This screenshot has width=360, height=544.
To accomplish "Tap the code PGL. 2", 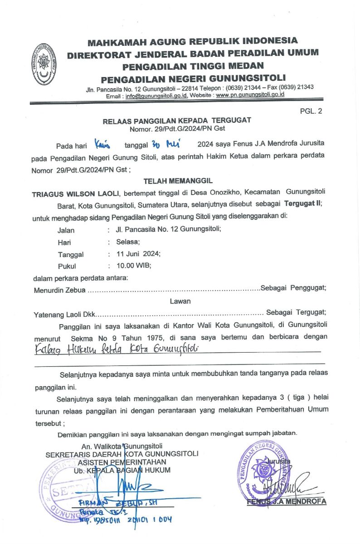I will point(311,111).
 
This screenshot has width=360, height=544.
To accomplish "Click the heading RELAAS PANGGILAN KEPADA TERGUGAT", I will point(177,121).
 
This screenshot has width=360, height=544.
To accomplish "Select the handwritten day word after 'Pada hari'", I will point(104,145).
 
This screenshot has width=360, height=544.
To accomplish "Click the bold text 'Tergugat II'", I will point(303,204).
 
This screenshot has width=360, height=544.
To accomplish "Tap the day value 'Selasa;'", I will point(128,242).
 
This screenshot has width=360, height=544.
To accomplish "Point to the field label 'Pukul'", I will point(67,266).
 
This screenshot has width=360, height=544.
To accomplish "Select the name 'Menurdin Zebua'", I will point(59,290).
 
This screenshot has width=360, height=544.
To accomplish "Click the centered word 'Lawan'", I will point(180,301).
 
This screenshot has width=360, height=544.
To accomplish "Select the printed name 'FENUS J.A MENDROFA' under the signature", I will point(287,502).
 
